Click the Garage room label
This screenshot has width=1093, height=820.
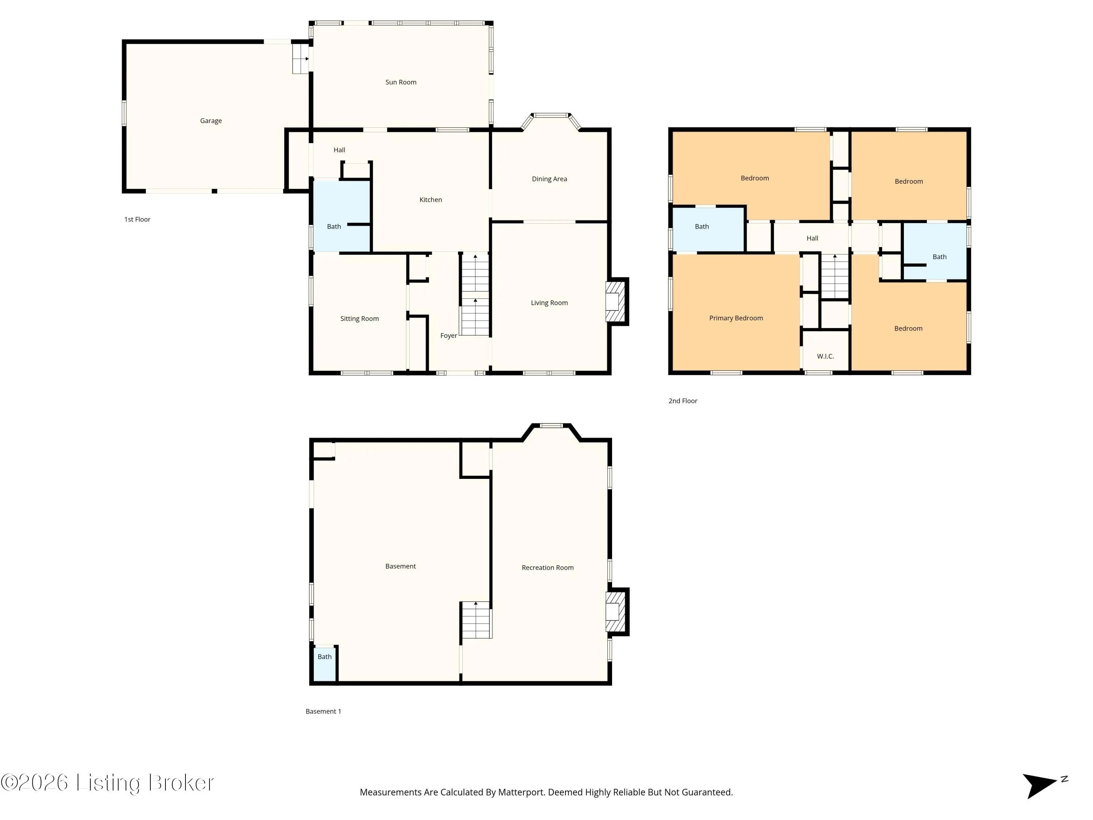[x=211, y=121]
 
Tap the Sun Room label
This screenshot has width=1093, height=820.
[x=401, y=82]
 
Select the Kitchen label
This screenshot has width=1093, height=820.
[x=430, y=200]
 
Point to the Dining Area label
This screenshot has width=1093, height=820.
[x=549, y=179]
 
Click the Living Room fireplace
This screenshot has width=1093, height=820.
[x=616, y=301]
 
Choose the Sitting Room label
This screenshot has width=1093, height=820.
[x=360, y=319]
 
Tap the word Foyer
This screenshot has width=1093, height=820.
[x=448, y=336]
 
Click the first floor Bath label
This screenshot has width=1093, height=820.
[x=334, y=226]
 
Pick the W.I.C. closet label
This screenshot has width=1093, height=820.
[x=825, y=356]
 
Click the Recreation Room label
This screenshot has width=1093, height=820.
[x=548, y=567]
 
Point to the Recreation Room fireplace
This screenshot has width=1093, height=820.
[x=616, y=612]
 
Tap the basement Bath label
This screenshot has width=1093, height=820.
[x=325, y=657]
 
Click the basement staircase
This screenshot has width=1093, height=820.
[x=476, y=620]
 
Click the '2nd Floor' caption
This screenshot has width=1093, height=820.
[x=683, y=401]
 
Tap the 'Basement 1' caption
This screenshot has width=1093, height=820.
[x=323, y=711]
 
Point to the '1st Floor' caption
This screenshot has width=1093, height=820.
[x=137, y=219]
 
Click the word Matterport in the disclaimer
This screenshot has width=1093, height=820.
[x=521, y=792]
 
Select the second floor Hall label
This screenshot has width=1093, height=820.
[x=812, y=238]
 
